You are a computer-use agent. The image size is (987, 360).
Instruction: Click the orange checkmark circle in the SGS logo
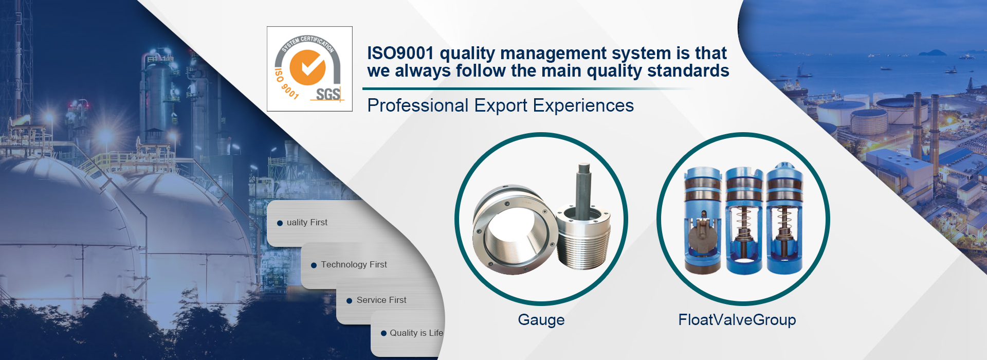307,67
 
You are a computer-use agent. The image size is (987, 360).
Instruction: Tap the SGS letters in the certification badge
328,94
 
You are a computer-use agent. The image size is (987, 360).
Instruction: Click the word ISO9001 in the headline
400,53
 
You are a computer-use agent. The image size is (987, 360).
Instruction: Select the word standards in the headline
688,70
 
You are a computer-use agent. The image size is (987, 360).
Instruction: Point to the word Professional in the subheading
418,105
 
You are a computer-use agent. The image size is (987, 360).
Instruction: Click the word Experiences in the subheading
583,105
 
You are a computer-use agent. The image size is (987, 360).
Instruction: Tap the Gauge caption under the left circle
541,320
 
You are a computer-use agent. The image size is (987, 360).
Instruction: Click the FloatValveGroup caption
737,320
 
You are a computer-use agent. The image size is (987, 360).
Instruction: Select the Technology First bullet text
354,264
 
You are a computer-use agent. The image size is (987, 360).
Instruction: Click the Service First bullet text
381,300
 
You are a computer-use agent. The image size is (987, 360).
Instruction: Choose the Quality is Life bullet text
416,333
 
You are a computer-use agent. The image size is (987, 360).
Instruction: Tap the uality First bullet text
307,222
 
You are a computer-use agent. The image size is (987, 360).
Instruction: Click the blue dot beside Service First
350,301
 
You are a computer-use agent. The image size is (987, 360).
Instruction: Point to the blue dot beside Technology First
314,265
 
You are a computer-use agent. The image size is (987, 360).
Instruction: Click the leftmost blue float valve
702,220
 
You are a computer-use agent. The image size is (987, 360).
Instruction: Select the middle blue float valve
743,220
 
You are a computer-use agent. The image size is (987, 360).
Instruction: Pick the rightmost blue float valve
784,219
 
